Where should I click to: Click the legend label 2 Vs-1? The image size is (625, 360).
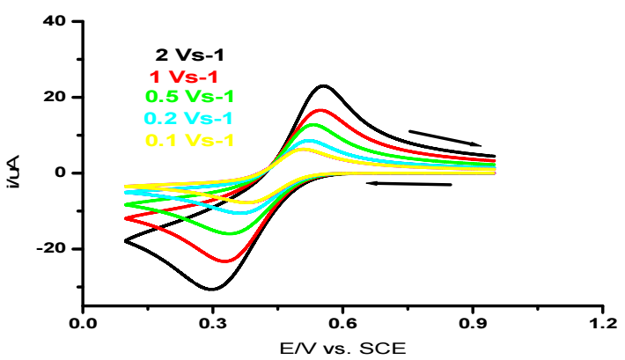(190, 55)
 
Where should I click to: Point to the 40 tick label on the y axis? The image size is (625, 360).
(55, 21)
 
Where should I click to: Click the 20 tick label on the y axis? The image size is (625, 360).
(55, 97)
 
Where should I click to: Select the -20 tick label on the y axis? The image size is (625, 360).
(51, 249)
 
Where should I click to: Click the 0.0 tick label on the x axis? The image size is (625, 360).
(83, 324)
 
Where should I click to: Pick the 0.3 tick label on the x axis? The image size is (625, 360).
(212, 324)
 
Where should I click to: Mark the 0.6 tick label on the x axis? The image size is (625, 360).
(342, 324)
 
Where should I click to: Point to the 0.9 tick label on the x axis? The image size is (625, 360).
(472, 324)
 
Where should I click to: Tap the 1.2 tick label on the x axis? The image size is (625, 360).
(601, 324)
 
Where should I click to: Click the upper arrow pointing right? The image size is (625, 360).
(445, 137)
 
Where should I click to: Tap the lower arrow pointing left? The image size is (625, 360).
(409, 184)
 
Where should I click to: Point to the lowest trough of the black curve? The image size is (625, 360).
(211, 289)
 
